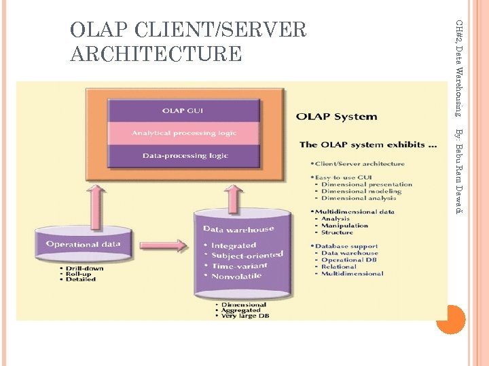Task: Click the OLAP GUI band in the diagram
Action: point(183,110)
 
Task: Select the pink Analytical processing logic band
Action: point(184,133)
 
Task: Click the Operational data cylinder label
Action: point(84,244)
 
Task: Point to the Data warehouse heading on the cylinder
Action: point(238,229)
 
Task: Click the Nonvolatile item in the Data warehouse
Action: point(236,276)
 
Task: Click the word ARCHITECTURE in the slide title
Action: point(156,54)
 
